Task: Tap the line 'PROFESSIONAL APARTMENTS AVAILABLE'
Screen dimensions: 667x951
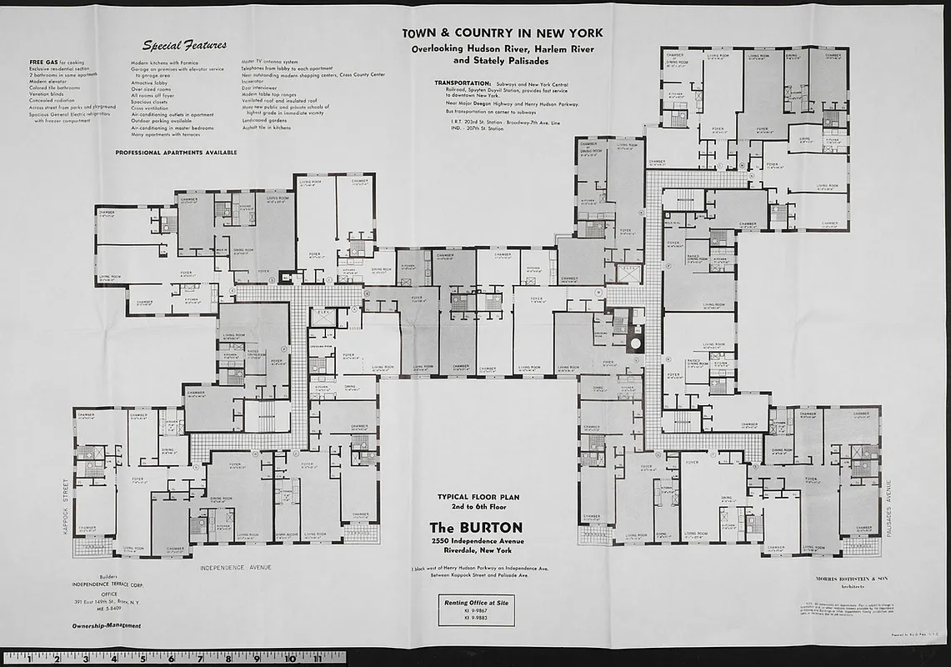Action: (x=176, y=153)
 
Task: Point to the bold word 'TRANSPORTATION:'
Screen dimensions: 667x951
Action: (x=462, y=83)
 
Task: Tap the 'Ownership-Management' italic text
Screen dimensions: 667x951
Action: (x=106, y=625)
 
